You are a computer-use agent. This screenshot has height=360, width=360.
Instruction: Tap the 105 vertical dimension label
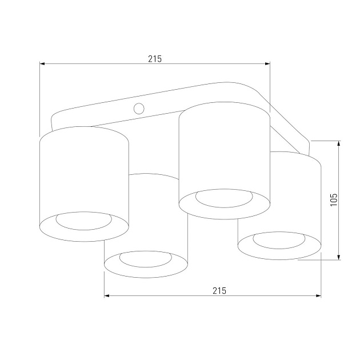334,199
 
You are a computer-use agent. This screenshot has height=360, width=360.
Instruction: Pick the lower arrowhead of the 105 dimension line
340,257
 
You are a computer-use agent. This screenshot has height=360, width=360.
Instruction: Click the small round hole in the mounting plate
139,108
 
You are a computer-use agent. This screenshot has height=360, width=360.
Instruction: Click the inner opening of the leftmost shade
83,221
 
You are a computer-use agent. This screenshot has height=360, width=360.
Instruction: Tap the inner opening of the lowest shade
146,259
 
